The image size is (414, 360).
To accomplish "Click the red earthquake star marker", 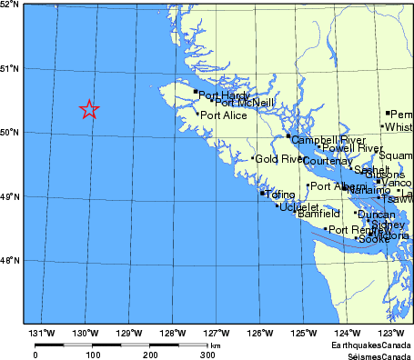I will (89, 110).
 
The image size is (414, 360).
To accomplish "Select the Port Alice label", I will (224, 116).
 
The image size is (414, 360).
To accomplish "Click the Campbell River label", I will (321, 140).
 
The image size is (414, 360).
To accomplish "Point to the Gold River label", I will (278, 159).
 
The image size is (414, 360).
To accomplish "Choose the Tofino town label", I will (281, 195).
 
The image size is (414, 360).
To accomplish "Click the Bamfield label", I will (318, 215).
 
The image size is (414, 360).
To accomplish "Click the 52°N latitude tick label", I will (10, 5).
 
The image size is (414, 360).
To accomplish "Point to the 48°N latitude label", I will (10, 261).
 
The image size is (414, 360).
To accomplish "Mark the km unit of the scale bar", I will (215, 345).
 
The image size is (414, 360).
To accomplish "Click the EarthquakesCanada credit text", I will (371, 346).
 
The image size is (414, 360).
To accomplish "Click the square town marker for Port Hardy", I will (196, 91).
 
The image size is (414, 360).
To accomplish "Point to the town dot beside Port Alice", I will (197, 114).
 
